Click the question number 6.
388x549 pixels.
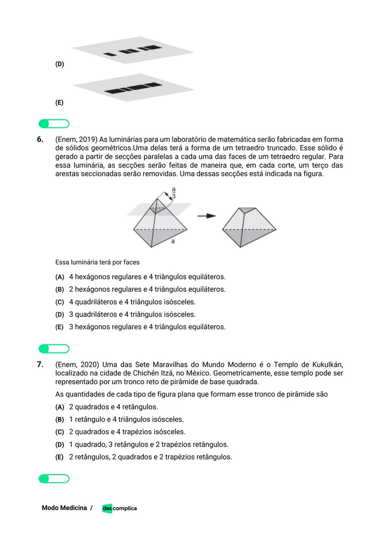click(40, 139)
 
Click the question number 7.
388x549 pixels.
click(40, 364)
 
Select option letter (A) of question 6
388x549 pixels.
click(60, 277)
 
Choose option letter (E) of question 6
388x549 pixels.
click(59, 327)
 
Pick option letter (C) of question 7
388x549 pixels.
click(60, 432)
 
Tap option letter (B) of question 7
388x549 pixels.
click(60, 420)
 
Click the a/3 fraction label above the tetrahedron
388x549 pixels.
click(174, 193)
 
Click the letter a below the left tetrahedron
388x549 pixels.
click(173, 241)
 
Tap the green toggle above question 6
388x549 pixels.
click(54, 124)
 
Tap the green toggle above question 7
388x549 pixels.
click(54, 349)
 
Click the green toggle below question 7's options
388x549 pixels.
click(54, 479)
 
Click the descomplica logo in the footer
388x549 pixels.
click(119, 508)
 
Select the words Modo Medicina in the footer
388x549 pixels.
click(64, 508)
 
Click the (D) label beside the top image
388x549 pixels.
click(60, 64)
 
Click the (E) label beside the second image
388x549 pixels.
click(59, 103)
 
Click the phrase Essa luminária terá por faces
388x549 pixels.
click(97, 262)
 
